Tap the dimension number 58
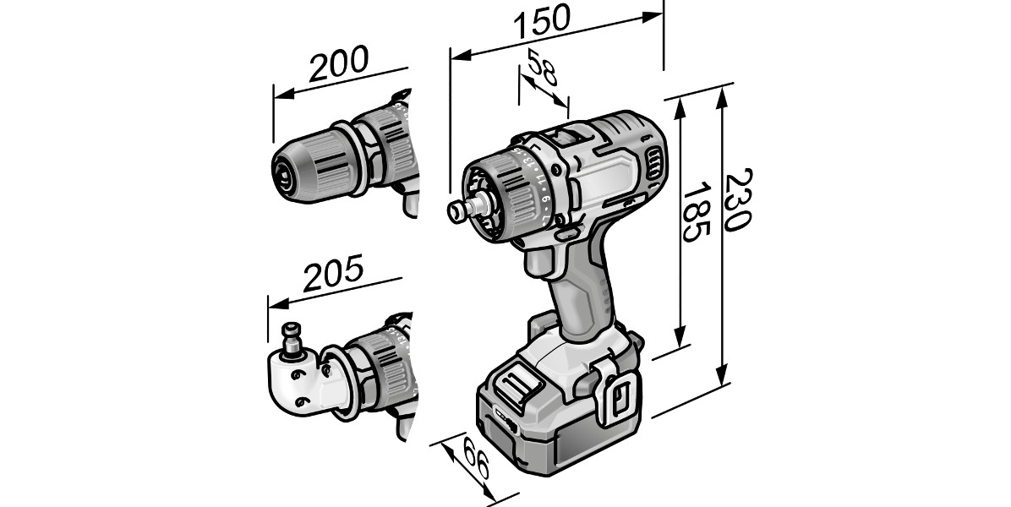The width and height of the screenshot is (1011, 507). tap(542, 67)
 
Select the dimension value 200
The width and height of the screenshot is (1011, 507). tap(338, 63)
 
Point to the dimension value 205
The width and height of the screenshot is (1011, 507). tap(333, 272)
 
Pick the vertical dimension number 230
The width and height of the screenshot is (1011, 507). tap(736, 199)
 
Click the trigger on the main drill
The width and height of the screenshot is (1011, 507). tap(539, 262)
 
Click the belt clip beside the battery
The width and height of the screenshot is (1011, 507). tap(615, 393)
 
